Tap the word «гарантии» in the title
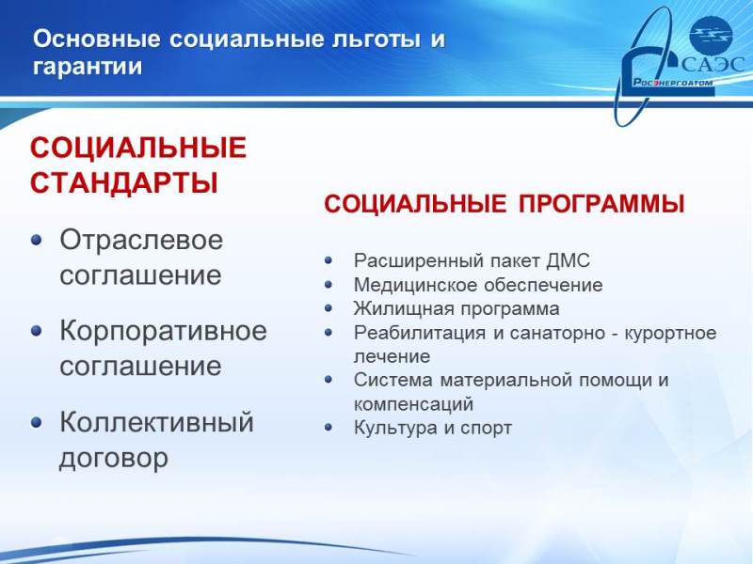(88, 67)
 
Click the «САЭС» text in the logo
(713, 64)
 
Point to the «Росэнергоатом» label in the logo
(672, 82)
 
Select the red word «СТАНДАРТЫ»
(124, 182)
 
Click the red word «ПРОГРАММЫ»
(601, 204)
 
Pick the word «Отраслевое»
(141, 240)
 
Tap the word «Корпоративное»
(163, 331)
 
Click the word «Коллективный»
(156, 422)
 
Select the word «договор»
(114, 458)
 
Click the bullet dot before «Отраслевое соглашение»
(37, 240)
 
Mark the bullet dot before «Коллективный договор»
(37, 422)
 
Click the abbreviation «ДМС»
(568, 261)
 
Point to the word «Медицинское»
(415, 285)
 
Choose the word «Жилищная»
(403, 309)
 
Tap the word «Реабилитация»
(420, 333)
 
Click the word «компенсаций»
(413, 404)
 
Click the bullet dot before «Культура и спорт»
(328, 428)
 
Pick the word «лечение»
(392, 356)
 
